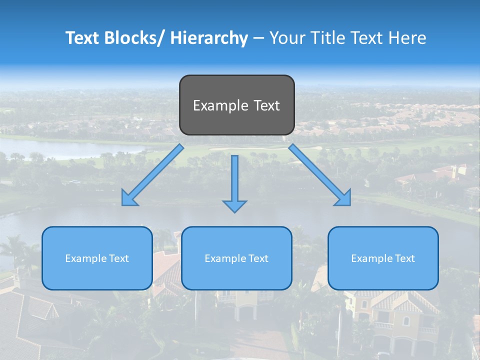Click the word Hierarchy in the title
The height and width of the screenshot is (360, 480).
pyautogui.click(x=209, y=38)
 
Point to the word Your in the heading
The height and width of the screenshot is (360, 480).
pyautogui.click(x=287, y=38)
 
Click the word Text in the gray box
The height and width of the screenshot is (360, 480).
pyautogui.click(x=266, y=105)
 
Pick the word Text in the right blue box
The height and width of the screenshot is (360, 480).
pyautogui.click(x=404, y=258)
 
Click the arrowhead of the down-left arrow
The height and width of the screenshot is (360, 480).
pyautogui.click(x=129, y=199)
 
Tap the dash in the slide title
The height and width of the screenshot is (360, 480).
pyautogui.click(x=258, y=38)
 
